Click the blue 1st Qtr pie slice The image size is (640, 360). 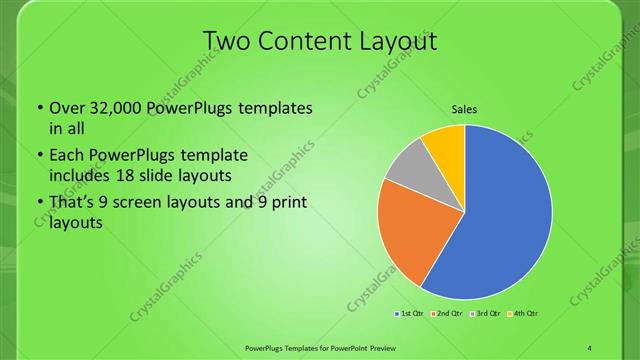pos(505,215)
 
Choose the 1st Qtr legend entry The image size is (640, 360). pos(410,314)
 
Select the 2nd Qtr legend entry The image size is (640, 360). pos(447,314)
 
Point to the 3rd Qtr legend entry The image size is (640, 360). pos(485,314)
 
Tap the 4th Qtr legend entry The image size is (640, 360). pos(523,314)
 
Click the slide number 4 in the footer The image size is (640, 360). pos(590,347)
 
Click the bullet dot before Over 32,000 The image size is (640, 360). pos(38,108)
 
